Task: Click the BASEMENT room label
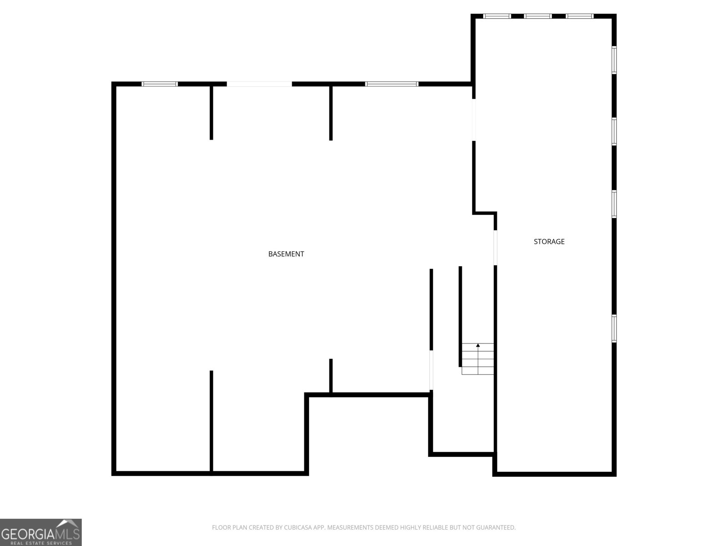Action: (x=286, y=254)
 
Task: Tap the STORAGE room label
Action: (x=549, y=242)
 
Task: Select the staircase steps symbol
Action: (x=478, y=359)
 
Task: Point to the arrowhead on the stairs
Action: (x=478, y=345)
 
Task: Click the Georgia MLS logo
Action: (x=41, y=532)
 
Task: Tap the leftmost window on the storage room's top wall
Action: (x=497, y=16)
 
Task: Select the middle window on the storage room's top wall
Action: (x=538, y=16)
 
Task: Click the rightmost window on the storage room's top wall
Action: (x=579, y=16)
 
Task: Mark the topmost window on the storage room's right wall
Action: (x=614, y=60)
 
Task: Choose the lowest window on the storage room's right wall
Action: (x=614, y=329)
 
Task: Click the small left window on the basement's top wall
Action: (x=160, y=84)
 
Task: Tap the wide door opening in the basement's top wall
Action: (x=259, y=84)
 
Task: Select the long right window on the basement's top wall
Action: (x=392, y=84)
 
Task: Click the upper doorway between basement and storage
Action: (x=474, y=120)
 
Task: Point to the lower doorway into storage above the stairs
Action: (x=495, y=248)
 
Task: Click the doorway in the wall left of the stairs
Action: (x=431, y=370)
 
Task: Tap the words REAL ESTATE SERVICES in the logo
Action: (x=41, y=543)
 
